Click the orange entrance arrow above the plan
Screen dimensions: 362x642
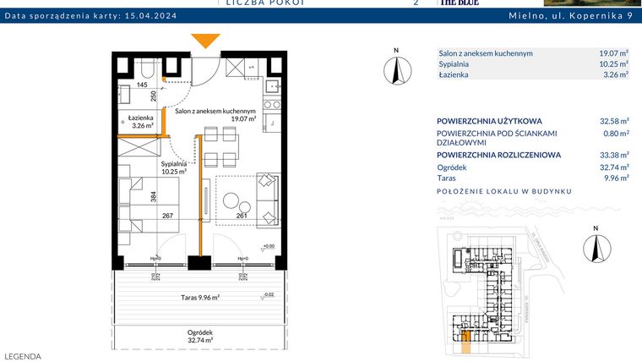point(205,41)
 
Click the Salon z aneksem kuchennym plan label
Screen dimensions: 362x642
point(215,115)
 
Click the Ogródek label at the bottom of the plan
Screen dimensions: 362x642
point(200,336)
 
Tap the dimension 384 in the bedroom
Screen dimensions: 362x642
point(154,196)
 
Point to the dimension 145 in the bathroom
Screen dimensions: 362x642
point(142,85)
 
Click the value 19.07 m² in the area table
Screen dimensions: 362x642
point(613,52)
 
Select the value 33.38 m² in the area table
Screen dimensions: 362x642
point(613,155)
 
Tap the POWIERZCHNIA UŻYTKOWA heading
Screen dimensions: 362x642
point(489,121)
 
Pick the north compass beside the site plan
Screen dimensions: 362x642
point(597,247)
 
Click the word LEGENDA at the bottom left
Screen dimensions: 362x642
point(23,356)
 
